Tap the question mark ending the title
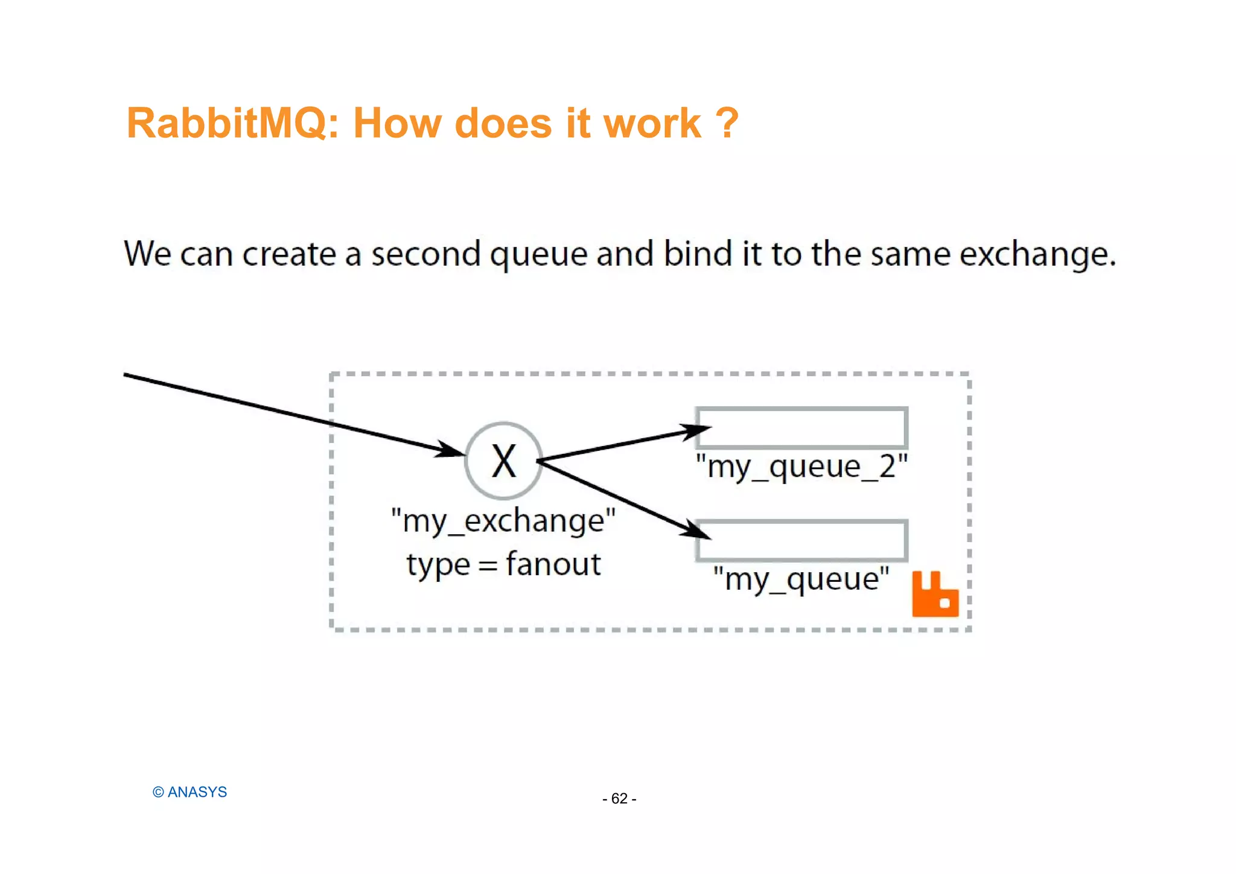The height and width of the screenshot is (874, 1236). (x=727, y=124)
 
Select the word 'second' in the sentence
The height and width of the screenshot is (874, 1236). (x=425, y=254)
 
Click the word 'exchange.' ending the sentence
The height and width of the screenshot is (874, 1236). (x=1037, y=254)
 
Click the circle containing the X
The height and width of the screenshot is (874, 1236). (x=503, y=461)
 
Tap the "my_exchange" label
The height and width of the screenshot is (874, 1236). (x=503, y=520)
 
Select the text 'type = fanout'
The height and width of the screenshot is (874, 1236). (x=503, y=565)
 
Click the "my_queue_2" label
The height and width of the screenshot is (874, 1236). (x=801, y=467)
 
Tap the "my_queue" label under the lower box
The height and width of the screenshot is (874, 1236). (x=801, y=579)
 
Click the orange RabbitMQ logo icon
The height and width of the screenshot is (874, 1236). (x=935, y=595)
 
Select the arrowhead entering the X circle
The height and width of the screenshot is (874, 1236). (x=451, y=450)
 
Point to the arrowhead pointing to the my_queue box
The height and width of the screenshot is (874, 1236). (x=696, y=531)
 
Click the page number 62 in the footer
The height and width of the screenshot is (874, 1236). (x=619, y=799)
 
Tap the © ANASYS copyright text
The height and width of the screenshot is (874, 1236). (x=190, y=792)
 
